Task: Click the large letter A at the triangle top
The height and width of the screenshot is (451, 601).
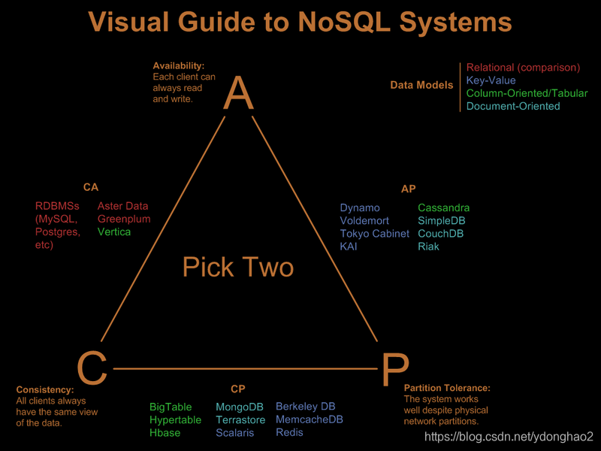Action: click(x=238, y=94)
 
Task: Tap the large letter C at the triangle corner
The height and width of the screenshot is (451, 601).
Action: click(x=92, y=369)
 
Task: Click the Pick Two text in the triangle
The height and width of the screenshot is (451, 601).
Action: click(x=238, y=267)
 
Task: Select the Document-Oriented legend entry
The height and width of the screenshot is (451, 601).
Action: click(x=513, y=106)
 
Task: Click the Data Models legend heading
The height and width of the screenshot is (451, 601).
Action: click(x=421, y=85)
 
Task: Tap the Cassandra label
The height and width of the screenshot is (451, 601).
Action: click(x=444, y=207)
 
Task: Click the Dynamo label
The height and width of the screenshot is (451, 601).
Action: click(x=360, y=207)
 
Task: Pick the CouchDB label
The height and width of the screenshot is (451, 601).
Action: click(x=440, y=233)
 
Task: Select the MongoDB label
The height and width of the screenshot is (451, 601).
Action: click(x=240, y=407)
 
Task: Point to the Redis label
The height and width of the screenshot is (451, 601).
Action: click(x=289, y=432)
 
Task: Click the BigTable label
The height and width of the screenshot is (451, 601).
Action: click(x=171, y=407)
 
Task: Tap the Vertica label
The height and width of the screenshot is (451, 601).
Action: click(x=114, y=232)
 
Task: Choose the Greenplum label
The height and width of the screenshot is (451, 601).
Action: click(x=124, y=219)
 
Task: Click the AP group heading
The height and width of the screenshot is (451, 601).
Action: click(x=409, y=189)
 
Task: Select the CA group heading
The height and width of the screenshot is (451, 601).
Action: click(x=91, y=187)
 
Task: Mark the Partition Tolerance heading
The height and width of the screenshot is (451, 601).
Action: click(x=447, y=388)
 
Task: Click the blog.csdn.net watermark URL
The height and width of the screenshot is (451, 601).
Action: click(x=509, y=437)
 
